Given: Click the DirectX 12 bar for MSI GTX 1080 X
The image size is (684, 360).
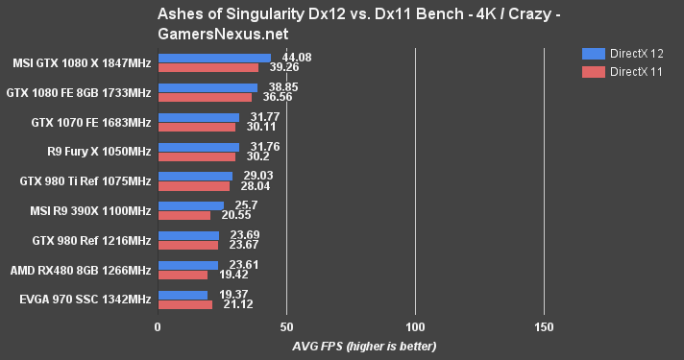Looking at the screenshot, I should pyautogui.click(x=214, y=58).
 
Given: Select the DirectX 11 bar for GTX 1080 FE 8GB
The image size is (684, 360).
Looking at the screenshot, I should pyautogui.click(x=205, y=97).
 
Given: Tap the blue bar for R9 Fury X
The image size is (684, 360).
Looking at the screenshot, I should pyautogui.click(x=198, y=147).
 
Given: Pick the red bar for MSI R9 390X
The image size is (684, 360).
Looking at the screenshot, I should pyautogui.click(x=183, y=216).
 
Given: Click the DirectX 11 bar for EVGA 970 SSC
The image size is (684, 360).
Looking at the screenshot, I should pyautogui.click(x=184, y=305).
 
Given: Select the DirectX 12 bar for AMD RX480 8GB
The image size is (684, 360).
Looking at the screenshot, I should pyautogui.click(x=187, y=265).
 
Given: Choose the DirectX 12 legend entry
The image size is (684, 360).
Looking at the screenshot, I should pyautogui.click(x=619, y=54).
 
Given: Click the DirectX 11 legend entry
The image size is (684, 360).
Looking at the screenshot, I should pyautogui.click(x=619, y=72).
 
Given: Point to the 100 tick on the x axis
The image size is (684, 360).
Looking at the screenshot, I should pyautogui.click(x=415, y=326).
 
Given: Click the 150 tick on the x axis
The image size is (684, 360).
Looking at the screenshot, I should pyautogui.click(x=544, y=326).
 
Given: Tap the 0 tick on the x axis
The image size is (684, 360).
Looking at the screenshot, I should pyautogui.click(x=158, y=326).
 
